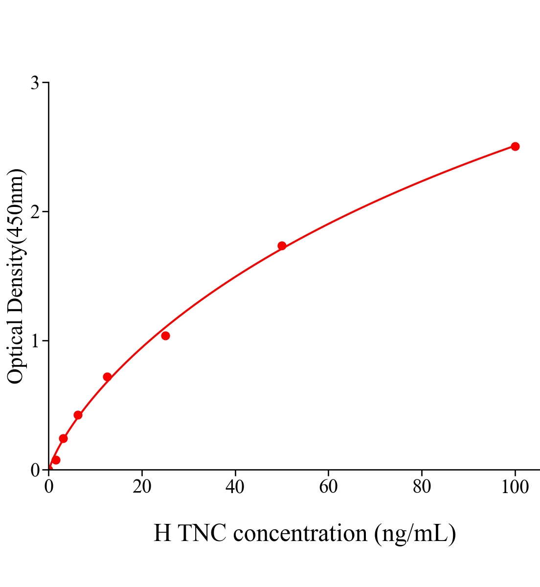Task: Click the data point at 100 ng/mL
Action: (x=515, y=146)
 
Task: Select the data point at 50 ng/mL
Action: (x=282, y=246)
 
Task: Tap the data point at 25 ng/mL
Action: (x=165, y=336)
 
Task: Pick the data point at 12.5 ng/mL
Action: (x=107, y=377)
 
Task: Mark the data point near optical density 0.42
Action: (x=78, y=415)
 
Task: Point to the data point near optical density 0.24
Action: (x=63, y=438)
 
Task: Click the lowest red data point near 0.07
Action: (x=56, y=460)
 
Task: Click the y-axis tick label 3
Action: (x=35, y=83)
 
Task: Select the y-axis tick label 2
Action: (x=35, y=212)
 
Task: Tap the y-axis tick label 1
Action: (x=35, y=341)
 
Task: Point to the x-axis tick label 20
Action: (x=142, y=487)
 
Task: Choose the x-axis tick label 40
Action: (x=235, y=487)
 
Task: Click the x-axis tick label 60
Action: (x=328, y=487)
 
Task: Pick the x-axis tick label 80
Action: (x=422, y=487)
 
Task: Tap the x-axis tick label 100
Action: (x=515, y=487)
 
